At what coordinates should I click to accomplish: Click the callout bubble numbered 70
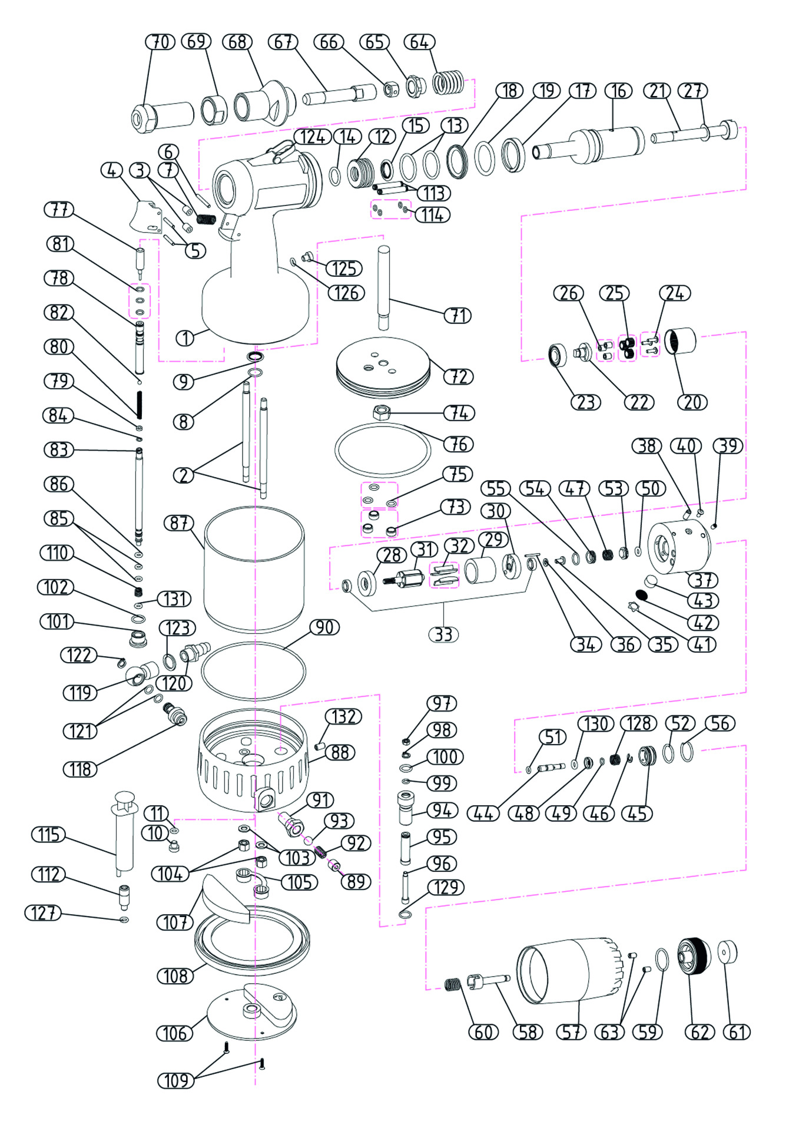[x=160, y=42]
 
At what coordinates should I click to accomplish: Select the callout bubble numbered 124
[x=312, y=137]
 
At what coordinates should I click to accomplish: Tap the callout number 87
[x=178, y=523]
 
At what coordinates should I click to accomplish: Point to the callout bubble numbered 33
[x=443, y=634]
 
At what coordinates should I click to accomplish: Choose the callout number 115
[x=49, y=835]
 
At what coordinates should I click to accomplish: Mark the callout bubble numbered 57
[x=571, y=1032]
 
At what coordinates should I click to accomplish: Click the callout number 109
[x=176, y=1080]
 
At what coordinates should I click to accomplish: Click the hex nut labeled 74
[x=382, y=412]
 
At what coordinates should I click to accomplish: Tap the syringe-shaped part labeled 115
[x=125, y=831]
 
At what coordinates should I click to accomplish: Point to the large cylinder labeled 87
[x=254, y=568]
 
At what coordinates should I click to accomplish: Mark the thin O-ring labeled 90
[x=254, y=672]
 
